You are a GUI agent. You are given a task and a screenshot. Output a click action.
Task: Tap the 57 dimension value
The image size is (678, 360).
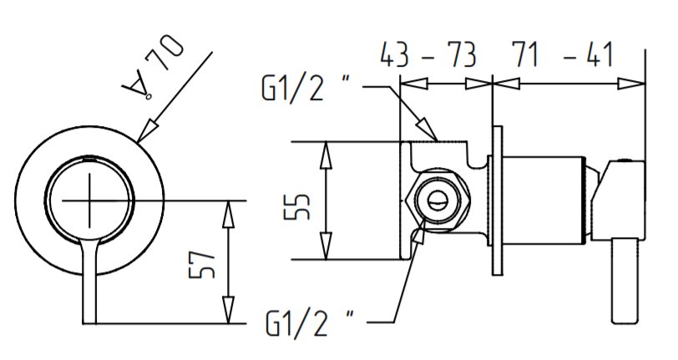point(202,264)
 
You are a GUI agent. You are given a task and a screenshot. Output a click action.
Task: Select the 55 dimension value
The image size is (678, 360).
point(297,206)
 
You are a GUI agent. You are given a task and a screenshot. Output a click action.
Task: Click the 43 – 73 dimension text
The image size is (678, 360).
point(428,55)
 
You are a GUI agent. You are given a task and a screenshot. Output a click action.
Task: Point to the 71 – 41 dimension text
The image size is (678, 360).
point(562,54)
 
